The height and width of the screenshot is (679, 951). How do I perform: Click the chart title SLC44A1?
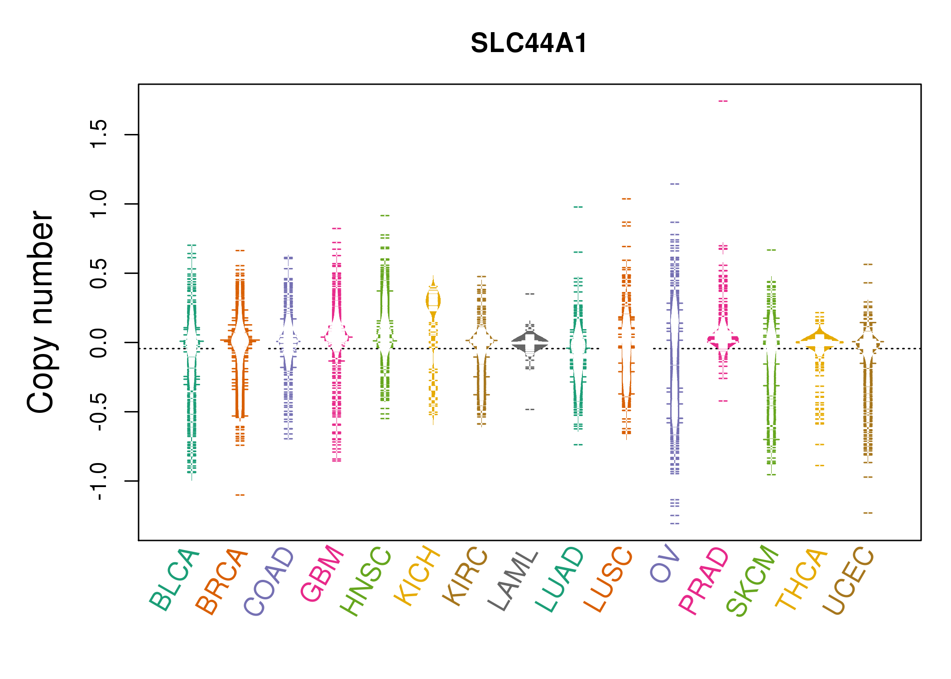529,43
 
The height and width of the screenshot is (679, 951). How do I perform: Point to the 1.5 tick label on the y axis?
99,134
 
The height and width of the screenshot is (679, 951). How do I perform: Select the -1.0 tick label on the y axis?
99,482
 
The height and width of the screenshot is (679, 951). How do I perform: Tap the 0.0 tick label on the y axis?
99,343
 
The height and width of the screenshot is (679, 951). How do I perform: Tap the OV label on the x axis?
665,564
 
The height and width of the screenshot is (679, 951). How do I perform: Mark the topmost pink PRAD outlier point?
723,101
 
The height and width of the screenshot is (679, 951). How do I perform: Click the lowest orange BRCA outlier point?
240,495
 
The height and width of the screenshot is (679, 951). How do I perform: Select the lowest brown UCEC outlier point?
868,513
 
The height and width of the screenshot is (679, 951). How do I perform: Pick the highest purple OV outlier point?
675,184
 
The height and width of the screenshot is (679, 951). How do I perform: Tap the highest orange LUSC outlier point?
626,199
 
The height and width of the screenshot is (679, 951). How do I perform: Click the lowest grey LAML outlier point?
530,410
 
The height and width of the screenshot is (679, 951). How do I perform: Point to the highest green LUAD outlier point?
578,207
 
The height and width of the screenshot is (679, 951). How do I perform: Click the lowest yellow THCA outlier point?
820,466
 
